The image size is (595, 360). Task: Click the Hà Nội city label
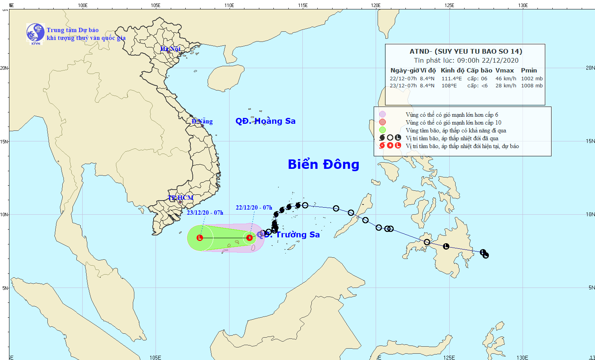click(170, 49)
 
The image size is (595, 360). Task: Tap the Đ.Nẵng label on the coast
click(202, 121)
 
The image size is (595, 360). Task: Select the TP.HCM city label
click(181, 198)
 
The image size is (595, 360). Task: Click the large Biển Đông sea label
click(324, 165)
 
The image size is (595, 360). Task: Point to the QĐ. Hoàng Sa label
click(265, 121)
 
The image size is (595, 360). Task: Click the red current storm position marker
click(250, 237)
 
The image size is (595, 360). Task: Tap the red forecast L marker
click(200, 238)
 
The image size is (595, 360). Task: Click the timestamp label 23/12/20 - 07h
click(205, 213)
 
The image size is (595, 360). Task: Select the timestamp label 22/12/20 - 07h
click(254, 208)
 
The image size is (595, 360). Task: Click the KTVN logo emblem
click(35, 33)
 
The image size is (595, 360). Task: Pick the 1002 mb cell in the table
click(532, 79)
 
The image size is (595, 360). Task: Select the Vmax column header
click(505, 71)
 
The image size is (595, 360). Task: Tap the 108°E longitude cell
click(449, 86)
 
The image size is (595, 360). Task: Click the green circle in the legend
click(382, 130)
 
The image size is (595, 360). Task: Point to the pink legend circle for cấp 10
click(382, 122)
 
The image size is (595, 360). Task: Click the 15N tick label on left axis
click(4, 141)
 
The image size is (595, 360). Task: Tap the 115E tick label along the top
click(302, 5)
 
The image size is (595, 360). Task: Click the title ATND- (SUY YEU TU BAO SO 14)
click(466, 51)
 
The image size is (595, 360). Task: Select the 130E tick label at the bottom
click(522, 357)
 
